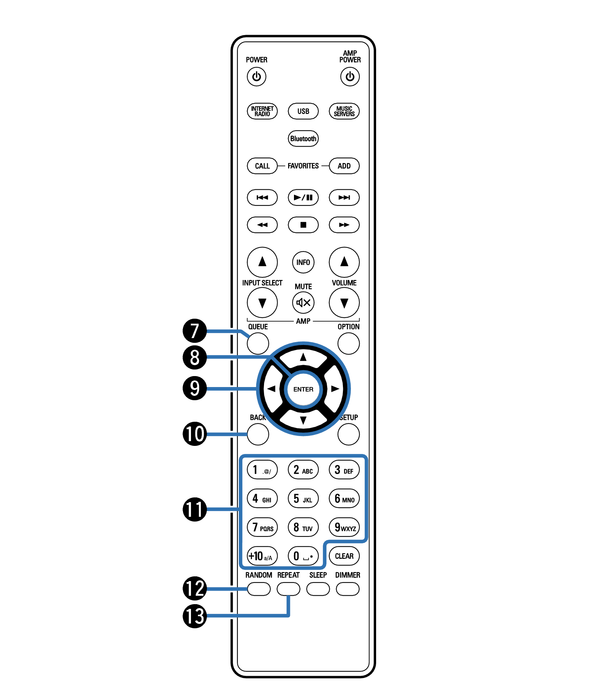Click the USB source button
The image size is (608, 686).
point(303,111)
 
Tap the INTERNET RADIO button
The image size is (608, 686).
point(262,111)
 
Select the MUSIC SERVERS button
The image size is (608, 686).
point(344,111)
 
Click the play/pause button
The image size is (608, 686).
point(303,197)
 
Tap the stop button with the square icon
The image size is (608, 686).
point(303,225)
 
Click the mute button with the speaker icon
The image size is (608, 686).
point(303,303)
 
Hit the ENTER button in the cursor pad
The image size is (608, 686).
point(303,389)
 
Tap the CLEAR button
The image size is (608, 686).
point(344,556)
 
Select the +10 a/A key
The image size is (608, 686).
point(262,556)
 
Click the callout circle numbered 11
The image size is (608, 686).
point(195,509)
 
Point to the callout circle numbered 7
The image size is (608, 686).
point(195,330)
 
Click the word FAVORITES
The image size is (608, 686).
point(303,166)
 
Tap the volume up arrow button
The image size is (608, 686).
point(344,262)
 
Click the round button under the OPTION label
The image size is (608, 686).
point(348,344)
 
